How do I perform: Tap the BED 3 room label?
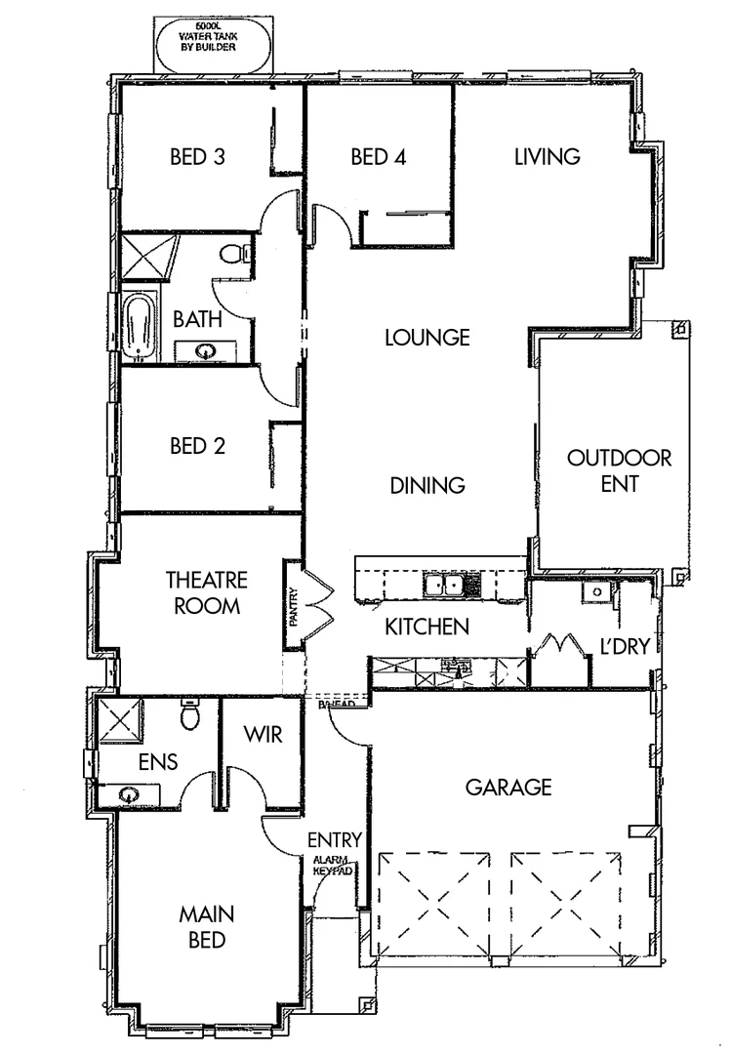(x=198, y=156)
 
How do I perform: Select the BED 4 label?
(x=378, y=156)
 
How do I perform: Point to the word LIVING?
(x=548, y=156)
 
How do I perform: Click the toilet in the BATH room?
(x=231, y=256)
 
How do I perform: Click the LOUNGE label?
(x=427, y=338)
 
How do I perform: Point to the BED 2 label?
(x=198, y=446)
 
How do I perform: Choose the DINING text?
(x=426, y=485)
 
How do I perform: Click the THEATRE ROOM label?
(x=206, y=592)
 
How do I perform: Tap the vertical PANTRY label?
(x=293, y=605)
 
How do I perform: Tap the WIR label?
(x=263, y=734)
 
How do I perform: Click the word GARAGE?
(x=508, y=787)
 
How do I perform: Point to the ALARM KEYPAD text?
(x=331, y=866)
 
